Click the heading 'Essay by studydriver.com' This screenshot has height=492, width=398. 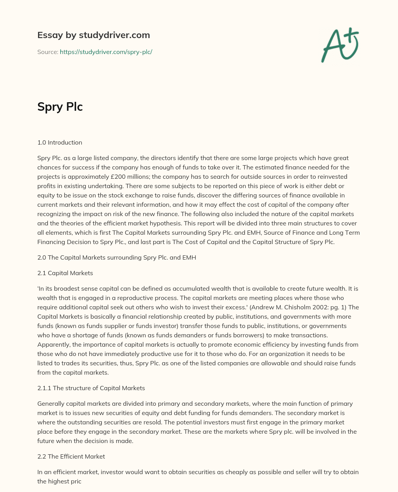(x=93, y=35)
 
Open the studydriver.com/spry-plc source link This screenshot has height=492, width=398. (x=106, y=52)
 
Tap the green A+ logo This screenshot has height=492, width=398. (x=339, y=45)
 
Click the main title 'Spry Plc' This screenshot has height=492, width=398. (x=60, y=107)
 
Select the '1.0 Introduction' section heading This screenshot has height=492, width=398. (x=59, y=142)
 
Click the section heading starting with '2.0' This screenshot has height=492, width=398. (x=117, y=257)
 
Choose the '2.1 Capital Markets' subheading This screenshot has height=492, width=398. (x=65, y=273)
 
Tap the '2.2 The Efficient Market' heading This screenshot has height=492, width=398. (x=71, y=456)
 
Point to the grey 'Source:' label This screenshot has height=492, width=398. (x=47, y=52)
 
